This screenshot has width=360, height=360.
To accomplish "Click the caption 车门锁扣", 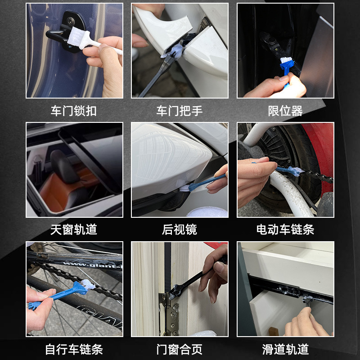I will (x=74, y=111).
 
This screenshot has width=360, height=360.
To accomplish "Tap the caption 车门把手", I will (x=180, y=111).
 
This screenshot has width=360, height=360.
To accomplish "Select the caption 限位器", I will (x=285, y=111).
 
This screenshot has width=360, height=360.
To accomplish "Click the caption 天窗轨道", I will (x=74, y=230).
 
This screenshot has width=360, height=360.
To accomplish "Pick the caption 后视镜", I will (x=180, y=230).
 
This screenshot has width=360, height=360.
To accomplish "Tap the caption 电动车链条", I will (x=285, y=230).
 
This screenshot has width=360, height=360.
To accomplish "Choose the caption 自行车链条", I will (x=74, y=349).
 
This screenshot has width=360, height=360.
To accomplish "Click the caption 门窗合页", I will (x=180, y=349).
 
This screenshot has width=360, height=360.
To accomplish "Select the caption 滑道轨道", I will (x=285, y=349).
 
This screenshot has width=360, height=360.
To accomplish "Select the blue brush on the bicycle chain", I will (x=67, y=293).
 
